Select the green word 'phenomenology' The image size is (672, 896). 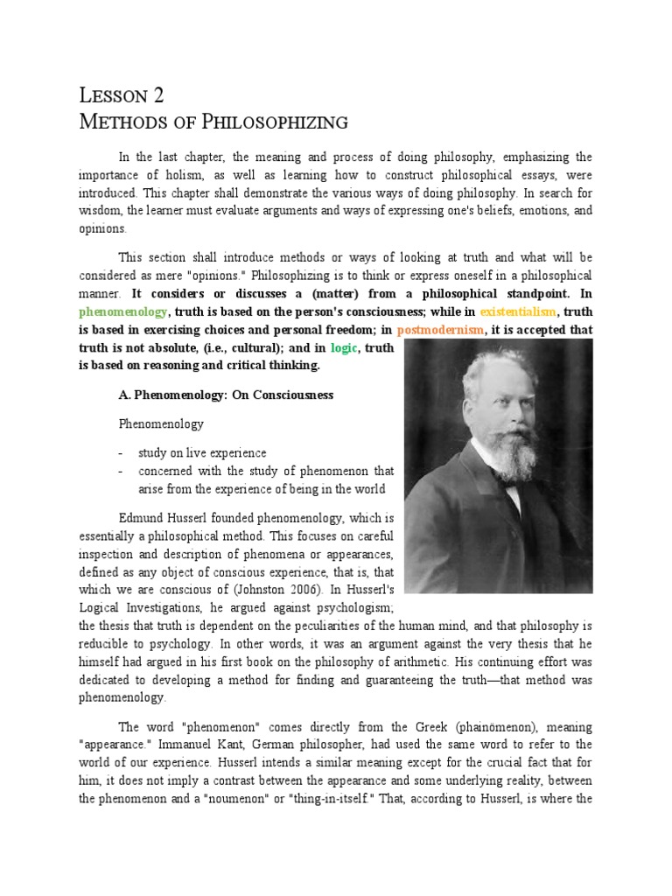pos(122,311)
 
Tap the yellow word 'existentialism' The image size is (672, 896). pos(517,311)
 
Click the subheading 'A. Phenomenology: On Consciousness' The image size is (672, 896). pos(226,395)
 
